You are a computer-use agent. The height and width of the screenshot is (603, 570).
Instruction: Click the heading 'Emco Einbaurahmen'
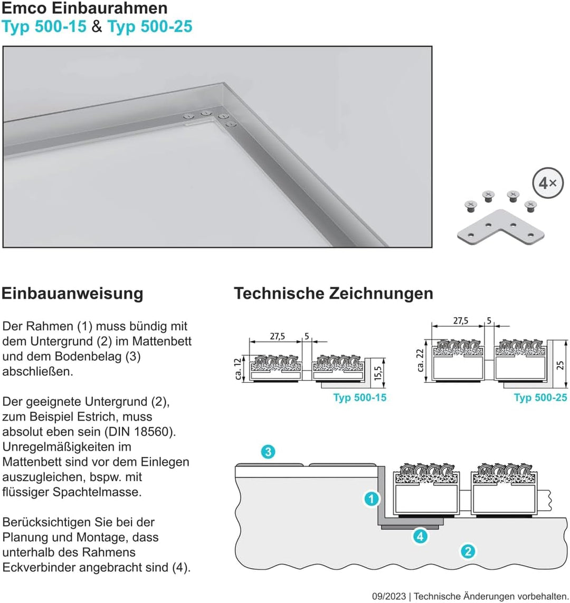point(85,8)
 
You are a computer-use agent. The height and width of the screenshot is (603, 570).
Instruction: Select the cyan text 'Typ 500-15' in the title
point(44,26)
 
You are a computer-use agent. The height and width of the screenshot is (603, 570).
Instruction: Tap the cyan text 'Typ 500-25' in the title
point(150,26)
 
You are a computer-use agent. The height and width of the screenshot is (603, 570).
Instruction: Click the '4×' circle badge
point(547,183)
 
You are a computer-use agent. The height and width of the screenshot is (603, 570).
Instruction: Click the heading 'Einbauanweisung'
point(72,293)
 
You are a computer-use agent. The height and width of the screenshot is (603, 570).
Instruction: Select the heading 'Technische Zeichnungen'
point(333,293)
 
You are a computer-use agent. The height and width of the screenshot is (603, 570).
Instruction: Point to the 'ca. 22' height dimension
point(421,359)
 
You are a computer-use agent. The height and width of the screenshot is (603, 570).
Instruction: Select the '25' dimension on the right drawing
point(560,365)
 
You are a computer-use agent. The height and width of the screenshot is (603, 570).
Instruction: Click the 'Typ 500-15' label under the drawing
point(359,397)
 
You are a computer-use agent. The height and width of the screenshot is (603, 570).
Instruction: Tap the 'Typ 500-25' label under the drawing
point(540,397)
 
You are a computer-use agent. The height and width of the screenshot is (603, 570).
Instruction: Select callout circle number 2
point(467,551)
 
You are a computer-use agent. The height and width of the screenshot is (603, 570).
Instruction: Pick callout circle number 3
point(268,452)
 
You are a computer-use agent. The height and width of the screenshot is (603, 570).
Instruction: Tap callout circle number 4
point(420,537)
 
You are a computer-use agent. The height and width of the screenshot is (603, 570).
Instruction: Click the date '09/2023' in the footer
point(388,596)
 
